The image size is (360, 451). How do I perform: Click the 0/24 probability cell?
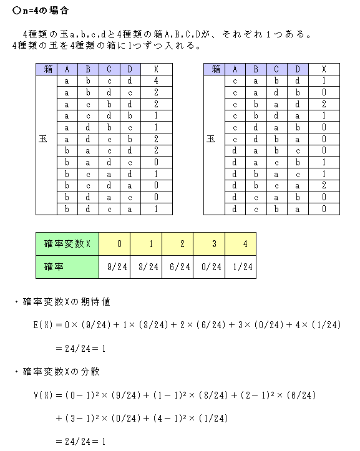coord(209,268)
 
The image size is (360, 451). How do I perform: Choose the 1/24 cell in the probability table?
coord(241,268)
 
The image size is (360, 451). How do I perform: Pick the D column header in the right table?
coord(298,69)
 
